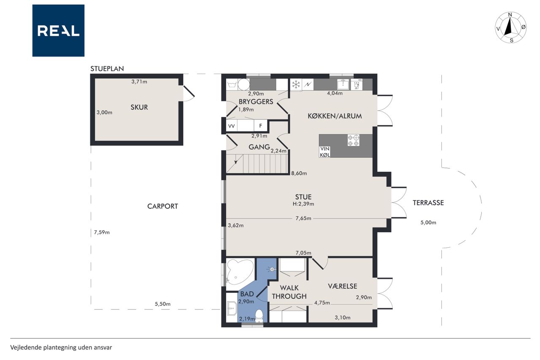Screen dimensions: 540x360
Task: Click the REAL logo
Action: pyautogui.click(x=58, y=31)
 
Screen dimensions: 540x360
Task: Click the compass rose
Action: pyautogui.click(x=510, y=27)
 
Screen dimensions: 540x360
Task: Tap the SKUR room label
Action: pyautogui.click(x=139, y=107)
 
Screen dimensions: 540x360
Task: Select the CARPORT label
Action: pyautogui.click(x=162, y=206)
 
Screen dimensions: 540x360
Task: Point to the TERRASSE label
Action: pyautogui.click(x=428, y=203)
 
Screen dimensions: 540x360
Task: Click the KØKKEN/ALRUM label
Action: pyautogui.click(x=335, y=116)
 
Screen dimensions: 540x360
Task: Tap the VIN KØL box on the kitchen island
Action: pyautogui.click(x=325, y=152)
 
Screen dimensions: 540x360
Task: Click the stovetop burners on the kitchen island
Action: pyautogui.click(x=354, y=141)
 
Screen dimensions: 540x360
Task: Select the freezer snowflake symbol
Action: pyautogui.click(x=296, y=84)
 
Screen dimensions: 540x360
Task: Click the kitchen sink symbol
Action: pyautogui.click(x=343, y=84)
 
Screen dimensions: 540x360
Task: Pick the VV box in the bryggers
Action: pyautogui.click(x=232, y=126)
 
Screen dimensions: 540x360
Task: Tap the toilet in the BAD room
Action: pyautogui.click(x=259, y=316)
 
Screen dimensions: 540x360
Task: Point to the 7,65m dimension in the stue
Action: pyautogui.click(x=303, y=218)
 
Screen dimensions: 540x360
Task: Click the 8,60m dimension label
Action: pyautogui.click(x=299, y=173)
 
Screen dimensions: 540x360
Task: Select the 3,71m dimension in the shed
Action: pyautogui.click(x=139, y=81)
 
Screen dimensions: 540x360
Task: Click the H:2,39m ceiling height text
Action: pyautogui.click(x=303, y=204)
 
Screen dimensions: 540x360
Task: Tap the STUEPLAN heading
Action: pyautogui.click(x=107, y=69)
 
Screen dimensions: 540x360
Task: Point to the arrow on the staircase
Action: pyautogui.click(x=235, y=162)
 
